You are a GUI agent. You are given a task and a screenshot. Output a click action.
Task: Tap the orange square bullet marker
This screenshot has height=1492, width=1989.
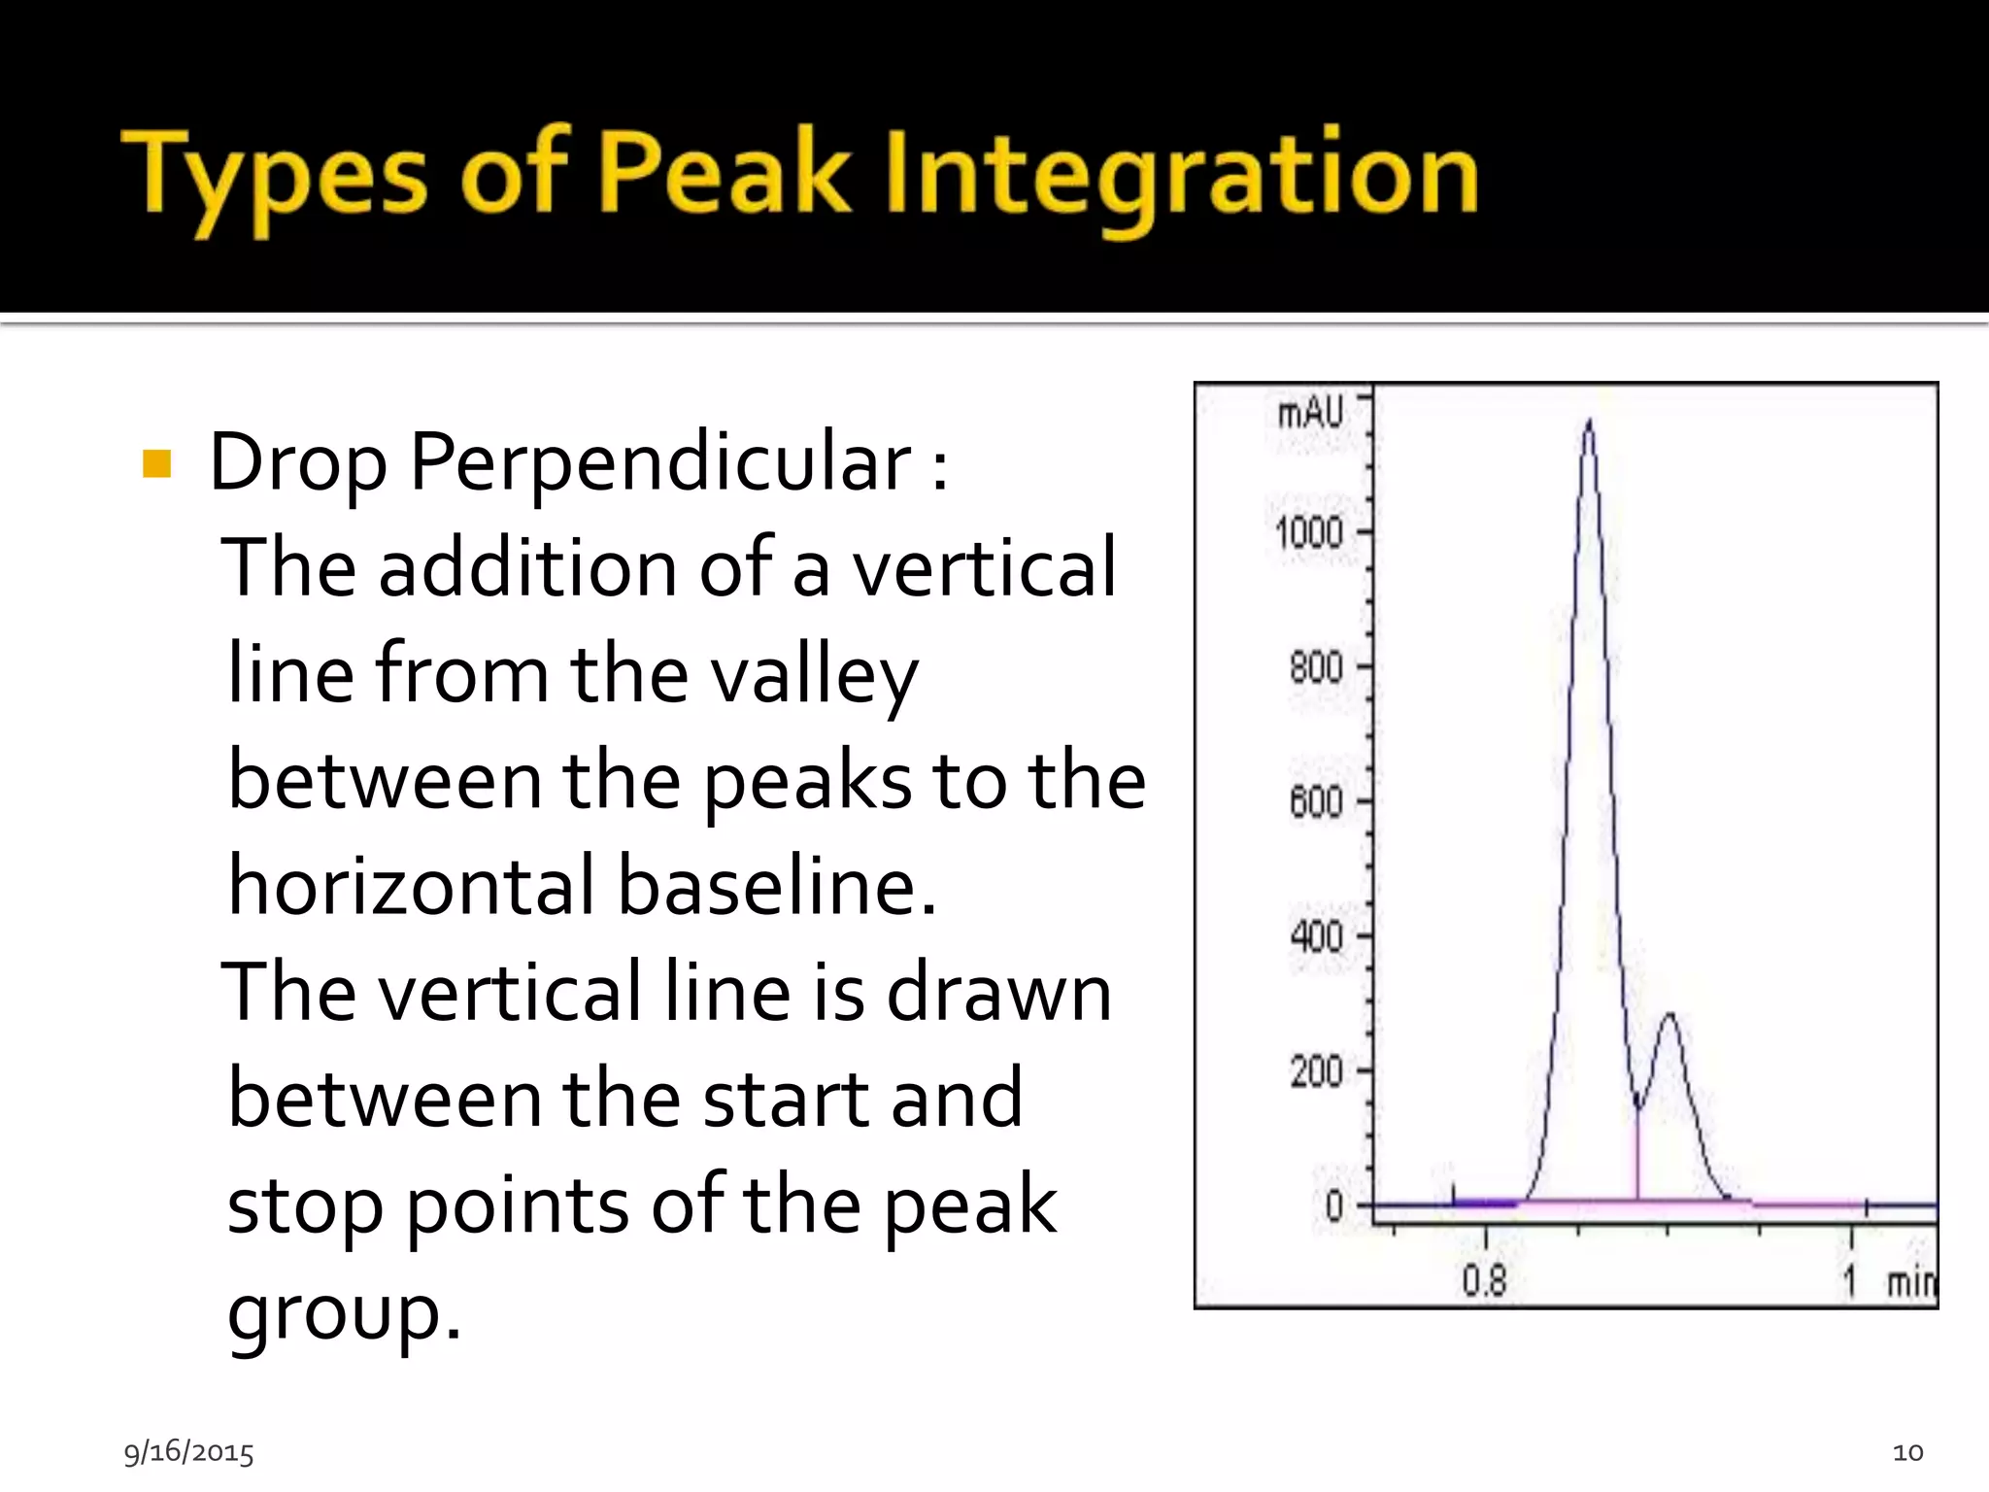pyautogui.click(x=156, y=464)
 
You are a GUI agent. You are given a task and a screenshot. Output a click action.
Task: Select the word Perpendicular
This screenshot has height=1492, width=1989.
pyautogui.click(x=659, y=463)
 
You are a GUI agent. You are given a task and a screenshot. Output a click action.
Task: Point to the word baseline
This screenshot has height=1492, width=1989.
pyautogui.click(x=776, y=886)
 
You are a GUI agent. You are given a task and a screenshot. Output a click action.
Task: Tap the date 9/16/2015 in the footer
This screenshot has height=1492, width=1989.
pyautogui.click(x=188, y=1452)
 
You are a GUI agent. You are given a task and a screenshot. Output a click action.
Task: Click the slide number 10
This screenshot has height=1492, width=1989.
pyautogui.click(x=1907, y=1452)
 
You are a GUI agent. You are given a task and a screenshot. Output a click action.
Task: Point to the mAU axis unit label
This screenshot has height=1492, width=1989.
pyautogui.click(x=1310, y=413)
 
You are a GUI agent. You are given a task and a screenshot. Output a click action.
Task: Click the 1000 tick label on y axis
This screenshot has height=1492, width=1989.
pyautogui.click(x=1308, y=533)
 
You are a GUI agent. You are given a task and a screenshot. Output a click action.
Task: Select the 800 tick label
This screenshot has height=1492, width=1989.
pyautogui.click(x=1316, y=668)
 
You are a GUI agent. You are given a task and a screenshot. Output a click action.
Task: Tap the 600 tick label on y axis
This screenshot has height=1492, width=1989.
pyautogui.click(x=1316, y=802)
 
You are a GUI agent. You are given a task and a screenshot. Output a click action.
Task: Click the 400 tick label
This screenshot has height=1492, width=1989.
pyautogui.click(x=1316, y=936)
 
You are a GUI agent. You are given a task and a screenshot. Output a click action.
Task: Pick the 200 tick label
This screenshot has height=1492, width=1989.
pyautogui.click(x=1316, y=1071)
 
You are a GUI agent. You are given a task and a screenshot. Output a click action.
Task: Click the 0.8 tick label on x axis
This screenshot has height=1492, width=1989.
pyautogui.click(x=1484, y=1281)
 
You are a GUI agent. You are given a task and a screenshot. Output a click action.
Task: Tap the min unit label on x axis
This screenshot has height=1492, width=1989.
pyautogui.click(x=1910, y=1283)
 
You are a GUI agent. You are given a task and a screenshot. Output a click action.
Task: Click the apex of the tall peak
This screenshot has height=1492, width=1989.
pyautogui.click(x=1589, y=424)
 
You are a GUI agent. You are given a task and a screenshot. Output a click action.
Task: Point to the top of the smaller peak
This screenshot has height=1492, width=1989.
pyautogui.click(x=1669, y=1016)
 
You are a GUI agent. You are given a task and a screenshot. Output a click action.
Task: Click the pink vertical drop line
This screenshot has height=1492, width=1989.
pyautogui.click(x=1637, y=1156)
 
